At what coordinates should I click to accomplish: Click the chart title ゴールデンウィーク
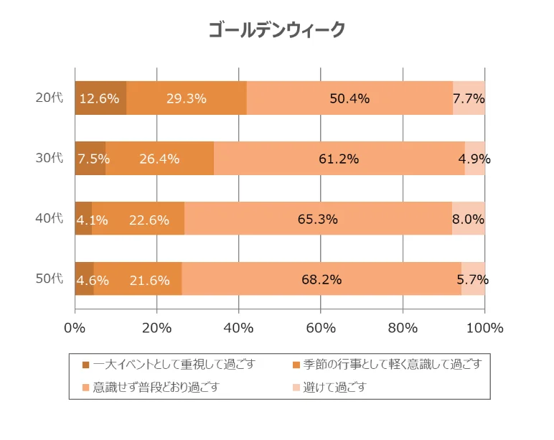(277, 30)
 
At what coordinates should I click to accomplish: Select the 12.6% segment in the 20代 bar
(100, 98)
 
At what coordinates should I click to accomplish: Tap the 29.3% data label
(187, 98)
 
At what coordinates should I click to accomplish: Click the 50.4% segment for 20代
(349, 98)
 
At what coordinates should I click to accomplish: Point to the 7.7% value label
(469, 98)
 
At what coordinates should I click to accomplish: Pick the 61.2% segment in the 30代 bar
(339, 159)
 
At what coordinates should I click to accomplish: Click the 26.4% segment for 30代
(159, 159)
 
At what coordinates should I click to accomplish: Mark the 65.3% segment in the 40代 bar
(318, 219)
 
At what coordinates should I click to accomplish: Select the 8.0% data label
(469, 219)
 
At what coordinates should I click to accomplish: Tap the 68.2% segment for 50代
(321, 279)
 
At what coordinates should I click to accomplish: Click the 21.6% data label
(149, 279)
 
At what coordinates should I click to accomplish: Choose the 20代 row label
(50, 98)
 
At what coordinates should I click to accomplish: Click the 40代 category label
(50, 219)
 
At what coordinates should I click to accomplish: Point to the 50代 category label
(50, 279)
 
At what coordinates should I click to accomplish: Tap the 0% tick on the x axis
(75, 328)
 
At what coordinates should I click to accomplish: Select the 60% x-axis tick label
(321, 328)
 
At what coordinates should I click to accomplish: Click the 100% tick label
(485, 328)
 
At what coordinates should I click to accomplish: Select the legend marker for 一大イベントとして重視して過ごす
(86, 365)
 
